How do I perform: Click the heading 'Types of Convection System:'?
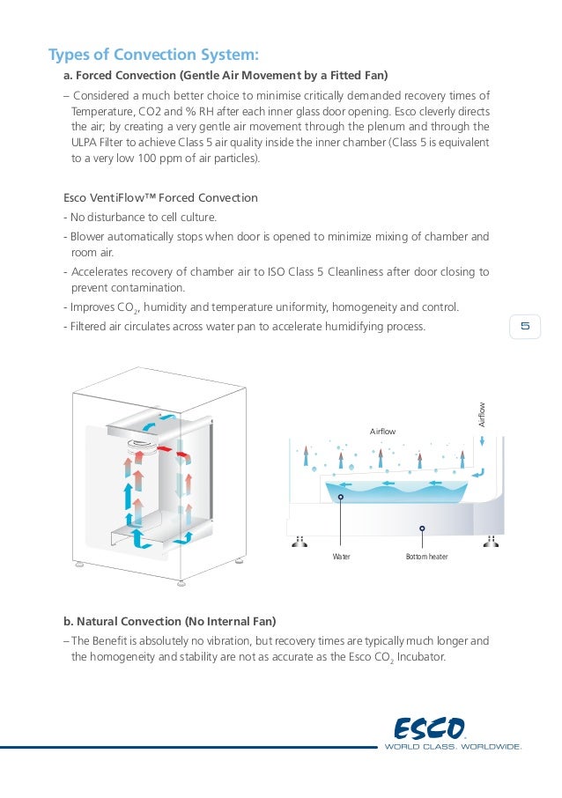[x=153, y=55]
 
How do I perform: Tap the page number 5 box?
[x=525, y=327]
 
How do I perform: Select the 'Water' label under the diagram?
[x=341, y=557]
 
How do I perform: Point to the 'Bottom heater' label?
[x=426, y=557]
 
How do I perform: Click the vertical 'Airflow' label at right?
[x=482, y=415]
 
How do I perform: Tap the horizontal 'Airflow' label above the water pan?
[x=382, y=432]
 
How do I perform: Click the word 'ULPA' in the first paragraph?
[x=85, y=144]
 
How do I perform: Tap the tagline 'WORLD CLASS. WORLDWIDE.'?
[x=453, y=747]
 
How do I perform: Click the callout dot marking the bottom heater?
[x=423, y=528]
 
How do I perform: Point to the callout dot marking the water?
[x=341, y=497]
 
